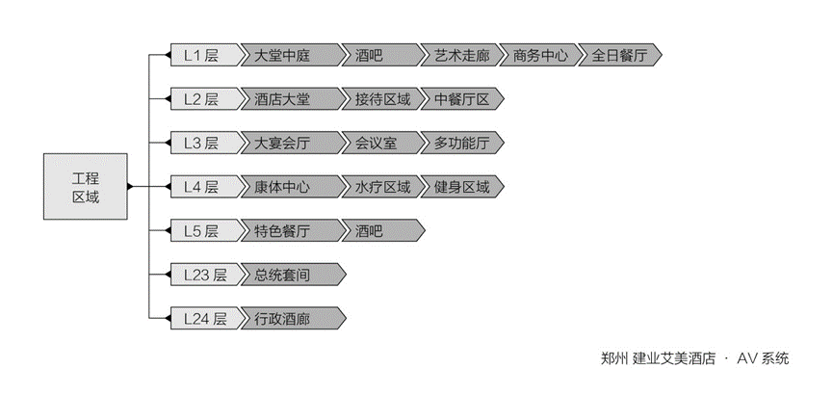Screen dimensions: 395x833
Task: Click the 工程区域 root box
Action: pos(86,186)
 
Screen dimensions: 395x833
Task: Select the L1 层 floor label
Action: pos(200,56)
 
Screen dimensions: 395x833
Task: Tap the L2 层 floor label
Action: pos(200,99)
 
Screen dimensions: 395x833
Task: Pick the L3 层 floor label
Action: pos(200,144)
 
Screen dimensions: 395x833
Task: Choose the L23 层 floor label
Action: pos(204,275)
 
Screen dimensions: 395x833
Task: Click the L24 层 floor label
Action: pos(204,318)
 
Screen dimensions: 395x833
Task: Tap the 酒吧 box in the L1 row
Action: pos(376,56)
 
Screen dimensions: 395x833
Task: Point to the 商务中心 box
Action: pos(540,56)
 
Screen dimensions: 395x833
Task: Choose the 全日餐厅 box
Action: pos(619,56)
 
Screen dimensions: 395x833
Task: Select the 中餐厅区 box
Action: pos(462,99)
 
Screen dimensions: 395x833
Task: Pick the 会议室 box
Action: pos(376,144)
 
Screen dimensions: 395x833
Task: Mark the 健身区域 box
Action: pos(462,187)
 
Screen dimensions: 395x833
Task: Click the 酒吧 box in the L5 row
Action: pos(376,231)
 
